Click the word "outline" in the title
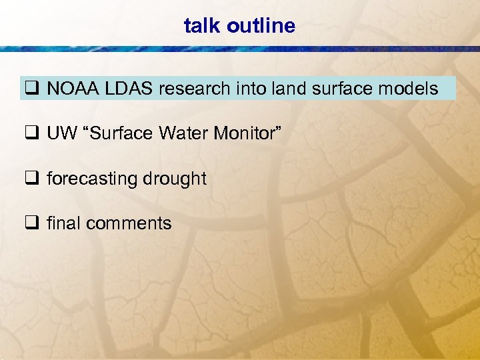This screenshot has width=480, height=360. click(261, 26)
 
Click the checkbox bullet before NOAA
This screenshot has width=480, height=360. click(32, 89)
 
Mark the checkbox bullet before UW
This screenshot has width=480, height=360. click(32, 134)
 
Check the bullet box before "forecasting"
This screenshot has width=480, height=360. click(32, 179)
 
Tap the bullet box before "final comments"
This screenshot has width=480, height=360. click(32, 223)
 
